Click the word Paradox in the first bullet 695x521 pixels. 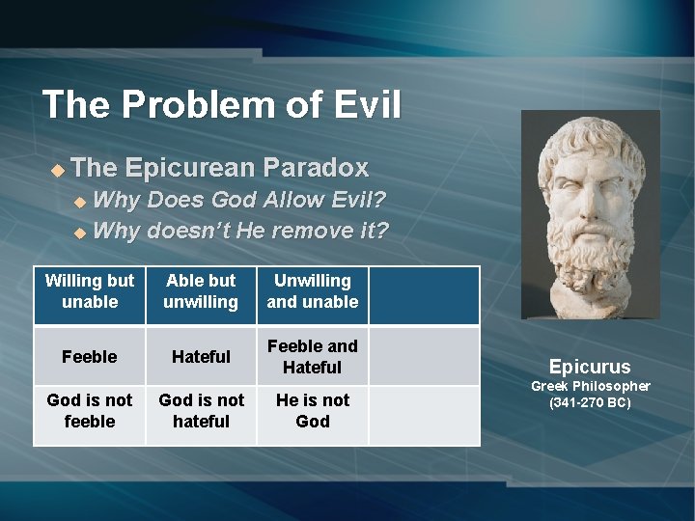320,168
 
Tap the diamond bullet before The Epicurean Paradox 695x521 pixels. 57,170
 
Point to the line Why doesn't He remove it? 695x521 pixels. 241,231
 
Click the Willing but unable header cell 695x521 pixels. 90,291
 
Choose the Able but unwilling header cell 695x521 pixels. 201,291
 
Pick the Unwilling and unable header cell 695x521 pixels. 313,291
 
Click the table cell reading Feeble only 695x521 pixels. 90,357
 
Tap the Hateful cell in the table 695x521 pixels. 201,357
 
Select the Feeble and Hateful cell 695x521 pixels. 313,357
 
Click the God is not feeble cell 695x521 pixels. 90,411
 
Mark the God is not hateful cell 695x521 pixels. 201,411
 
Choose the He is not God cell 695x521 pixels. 313,411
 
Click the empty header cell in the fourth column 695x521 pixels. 424,295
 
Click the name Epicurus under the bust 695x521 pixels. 590,367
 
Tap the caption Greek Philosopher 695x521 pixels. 590,386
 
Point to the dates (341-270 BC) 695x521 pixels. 590,402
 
